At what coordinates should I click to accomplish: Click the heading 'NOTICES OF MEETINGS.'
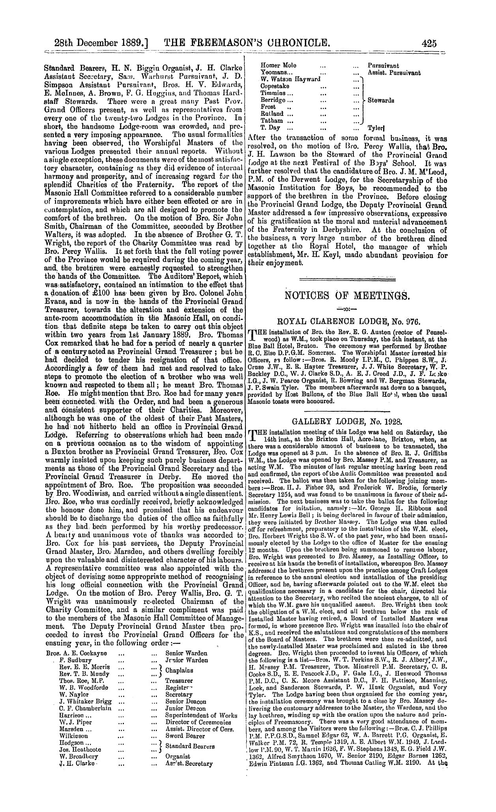coord(348,295)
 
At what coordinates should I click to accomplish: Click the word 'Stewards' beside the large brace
coord(382,100)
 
